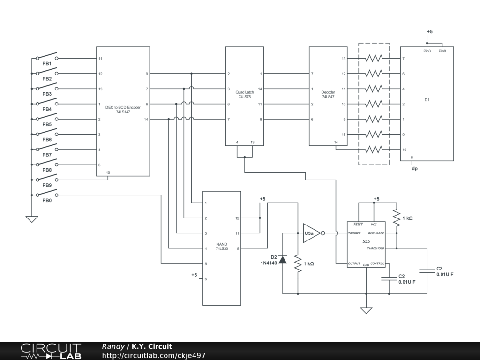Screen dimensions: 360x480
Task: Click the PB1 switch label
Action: point(47,63)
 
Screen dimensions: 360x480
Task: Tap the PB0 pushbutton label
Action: point(47,201)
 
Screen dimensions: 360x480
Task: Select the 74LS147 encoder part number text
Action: point(123,112)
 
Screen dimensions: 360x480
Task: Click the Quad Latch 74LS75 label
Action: point(244,94)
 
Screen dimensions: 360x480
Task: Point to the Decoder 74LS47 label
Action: point(328,94)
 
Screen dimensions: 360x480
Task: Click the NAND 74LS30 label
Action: point(222,246)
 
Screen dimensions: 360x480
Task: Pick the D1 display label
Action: point(427,100)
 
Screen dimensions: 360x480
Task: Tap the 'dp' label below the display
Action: point(414,168)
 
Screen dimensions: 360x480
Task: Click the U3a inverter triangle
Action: point(311,233)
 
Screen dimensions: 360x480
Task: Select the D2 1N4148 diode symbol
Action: point(283,260)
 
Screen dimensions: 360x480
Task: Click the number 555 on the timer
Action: point(366,241)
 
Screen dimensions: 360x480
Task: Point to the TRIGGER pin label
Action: point(354,233)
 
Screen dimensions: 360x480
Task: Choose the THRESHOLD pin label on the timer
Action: point(375,248)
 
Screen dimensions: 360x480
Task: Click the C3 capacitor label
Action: point(440,269)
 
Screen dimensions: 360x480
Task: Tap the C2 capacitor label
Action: point(401,276)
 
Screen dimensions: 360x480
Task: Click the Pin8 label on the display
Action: point(442,51)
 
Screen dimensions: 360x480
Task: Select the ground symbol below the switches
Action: point(31,218)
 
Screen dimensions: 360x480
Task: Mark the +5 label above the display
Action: point(429,31)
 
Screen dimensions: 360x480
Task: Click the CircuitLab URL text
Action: point(154,355)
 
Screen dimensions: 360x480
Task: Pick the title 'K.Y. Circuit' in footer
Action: point(152,346)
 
